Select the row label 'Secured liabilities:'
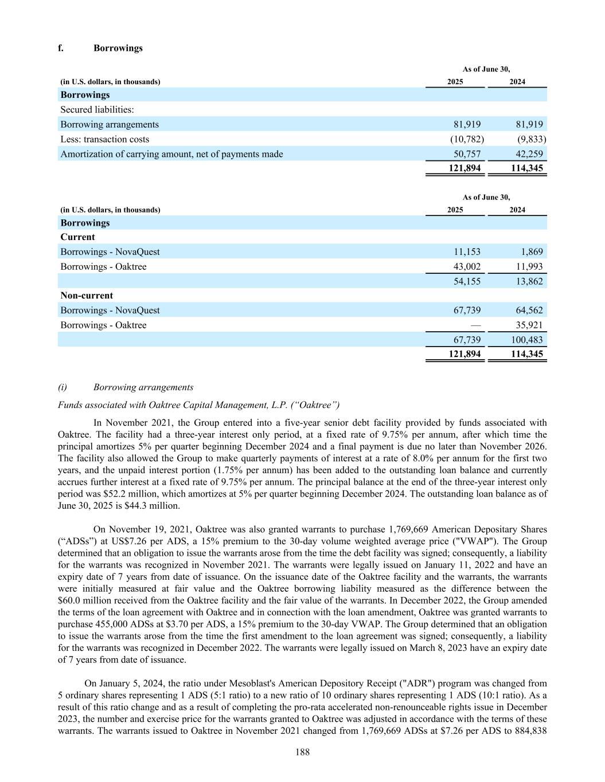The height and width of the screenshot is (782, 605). tap(97, 109)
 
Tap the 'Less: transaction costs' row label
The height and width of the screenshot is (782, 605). tap(104, 139)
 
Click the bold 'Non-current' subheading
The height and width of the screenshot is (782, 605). tap(87, 296)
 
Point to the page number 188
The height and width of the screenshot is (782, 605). tap(302, 752)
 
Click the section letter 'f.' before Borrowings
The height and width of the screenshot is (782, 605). tap(61, 48)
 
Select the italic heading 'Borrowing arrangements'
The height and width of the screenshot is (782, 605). tap(143, 387)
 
